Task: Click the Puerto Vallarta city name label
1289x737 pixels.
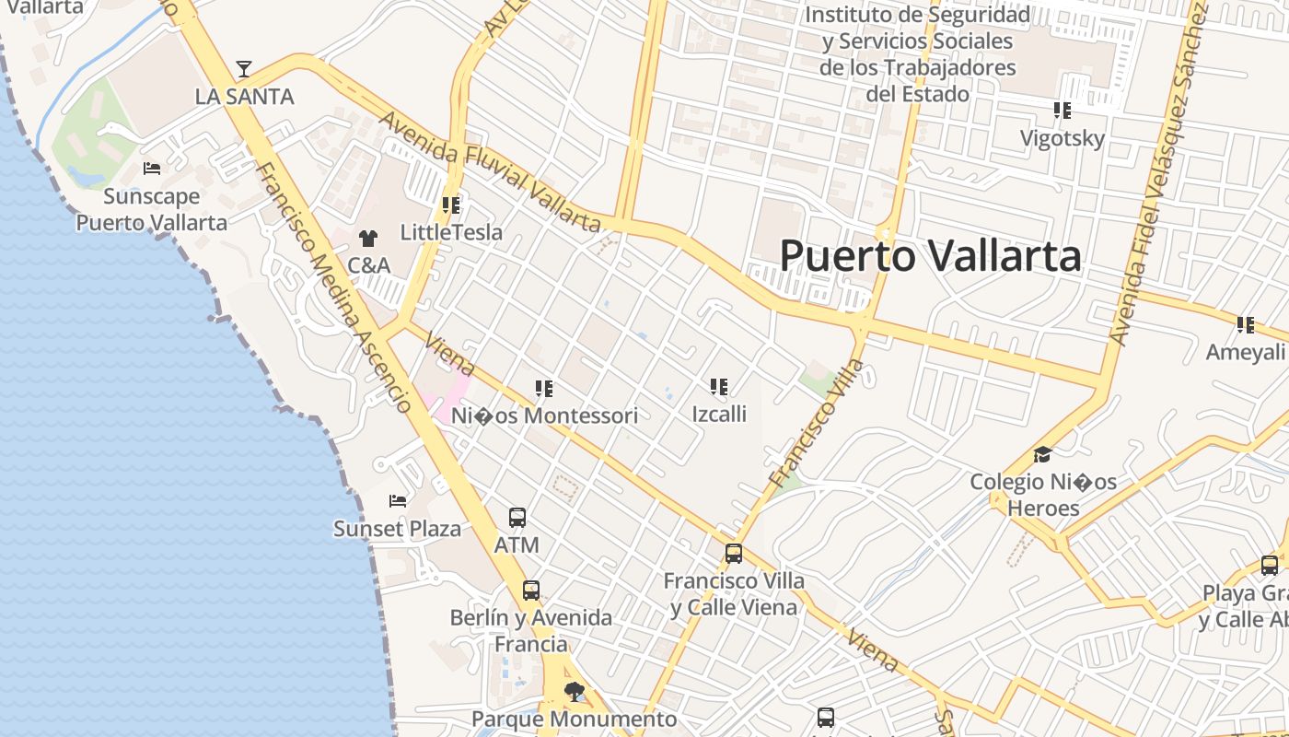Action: click(930, 255)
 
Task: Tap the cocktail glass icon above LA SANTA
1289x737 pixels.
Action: click(243, 69)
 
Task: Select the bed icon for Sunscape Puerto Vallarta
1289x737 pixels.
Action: click(152, 169)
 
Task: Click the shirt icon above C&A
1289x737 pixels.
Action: click(368, 239)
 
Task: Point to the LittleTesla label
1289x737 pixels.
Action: click(451, 232)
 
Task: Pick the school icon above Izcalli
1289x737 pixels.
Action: click(719, 387)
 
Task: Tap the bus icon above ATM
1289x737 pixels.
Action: click(517, 518)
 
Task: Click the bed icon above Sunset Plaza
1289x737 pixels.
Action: click(398, 501)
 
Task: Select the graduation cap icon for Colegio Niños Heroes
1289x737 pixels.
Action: click(1042, 454)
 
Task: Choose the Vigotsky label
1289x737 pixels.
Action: click(1062, 138)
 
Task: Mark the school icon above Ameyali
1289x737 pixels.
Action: click(1246, 325)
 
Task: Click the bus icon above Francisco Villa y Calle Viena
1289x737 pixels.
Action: click(734, 554)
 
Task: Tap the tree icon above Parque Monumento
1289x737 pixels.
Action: click(575, 691)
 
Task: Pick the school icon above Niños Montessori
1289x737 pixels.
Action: click(544, 389)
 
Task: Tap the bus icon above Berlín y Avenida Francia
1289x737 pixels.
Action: click(531, 591)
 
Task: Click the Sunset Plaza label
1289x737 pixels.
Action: click(397, 529)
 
